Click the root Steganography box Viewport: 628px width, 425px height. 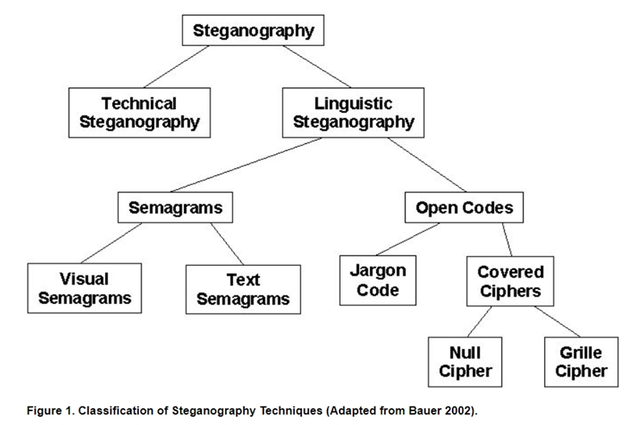(253, 32)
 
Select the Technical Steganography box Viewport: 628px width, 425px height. (139, 113)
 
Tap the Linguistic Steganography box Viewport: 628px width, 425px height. (353, 113)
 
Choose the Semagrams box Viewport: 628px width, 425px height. (175, 208)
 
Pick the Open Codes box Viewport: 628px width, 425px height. (464, 208)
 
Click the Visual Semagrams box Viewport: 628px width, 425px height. (84, 288)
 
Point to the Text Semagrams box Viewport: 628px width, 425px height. (243, 289)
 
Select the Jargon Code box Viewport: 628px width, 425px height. (378, 280)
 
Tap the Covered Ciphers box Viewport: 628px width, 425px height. (510, 281)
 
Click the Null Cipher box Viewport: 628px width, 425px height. (465, 361)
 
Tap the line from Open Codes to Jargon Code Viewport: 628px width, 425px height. (408, 239)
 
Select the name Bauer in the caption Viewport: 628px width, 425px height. (423, 410)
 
